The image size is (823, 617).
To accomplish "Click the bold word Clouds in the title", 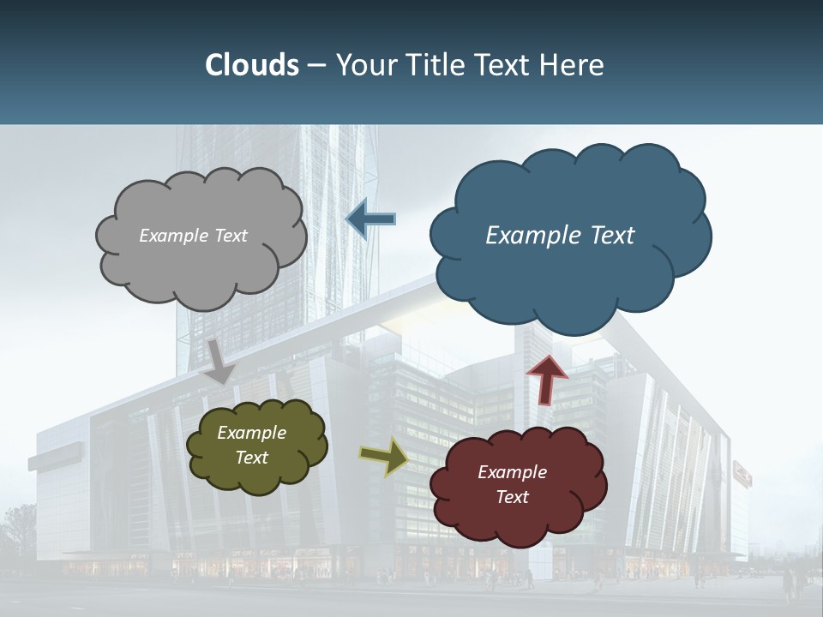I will tap(251, 65).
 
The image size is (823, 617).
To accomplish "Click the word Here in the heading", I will tap(574, 65).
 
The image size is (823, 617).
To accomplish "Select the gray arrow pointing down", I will tap(219, 361).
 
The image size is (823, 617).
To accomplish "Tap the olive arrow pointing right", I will tap(384, 457).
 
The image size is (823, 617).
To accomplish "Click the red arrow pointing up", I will tap(547, 380).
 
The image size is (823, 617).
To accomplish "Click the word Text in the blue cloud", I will tap(611, 236).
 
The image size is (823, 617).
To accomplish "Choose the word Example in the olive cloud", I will tap(252, 433).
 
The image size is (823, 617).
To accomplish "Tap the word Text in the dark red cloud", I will tap(512, 497).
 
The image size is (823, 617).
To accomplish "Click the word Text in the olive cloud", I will tap(252, 458).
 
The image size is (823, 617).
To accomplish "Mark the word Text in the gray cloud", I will tap(231, 236).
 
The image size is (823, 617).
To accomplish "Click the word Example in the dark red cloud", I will tap(512, 472).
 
